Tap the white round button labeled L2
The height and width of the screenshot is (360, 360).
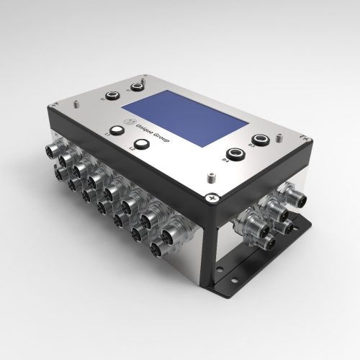click(x=141, y=145)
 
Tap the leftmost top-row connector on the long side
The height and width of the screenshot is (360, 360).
click(x=55, y=149)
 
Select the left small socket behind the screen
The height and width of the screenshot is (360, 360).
click(x=113, y=94)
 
